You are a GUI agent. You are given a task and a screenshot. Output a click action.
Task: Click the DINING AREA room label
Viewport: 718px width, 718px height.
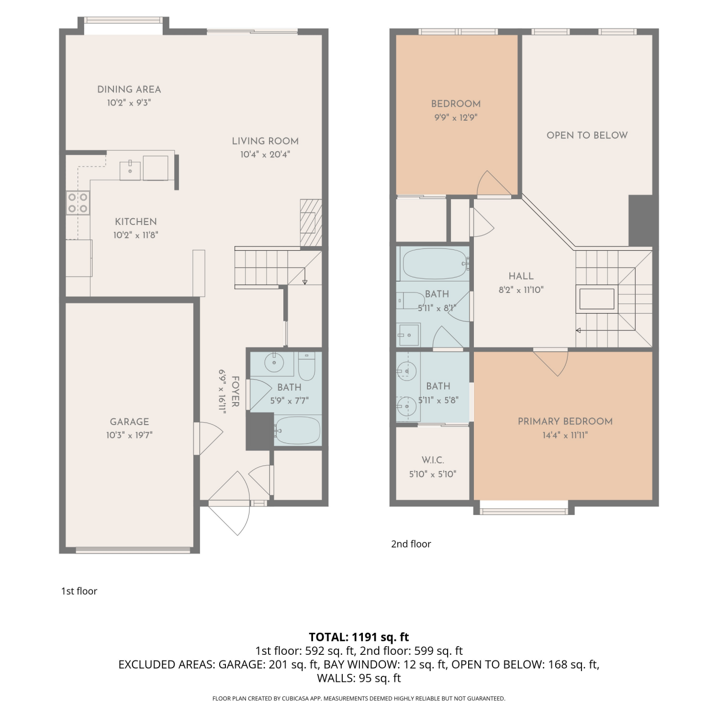tap(129, 90)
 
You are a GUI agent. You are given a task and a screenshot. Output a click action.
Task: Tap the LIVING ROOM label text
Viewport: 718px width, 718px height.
tap(265, 141)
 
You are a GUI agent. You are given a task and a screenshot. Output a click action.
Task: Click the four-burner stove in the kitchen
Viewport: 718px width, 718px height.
tap(78, 202)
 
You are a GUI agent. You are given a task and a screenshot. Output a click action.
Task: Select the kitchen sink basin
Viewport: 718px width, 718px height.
tap(130, 170)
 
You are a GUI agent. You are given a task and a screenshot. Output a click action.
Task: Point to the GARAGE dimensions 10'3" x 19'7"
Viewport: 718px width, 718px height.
tap(129, 435)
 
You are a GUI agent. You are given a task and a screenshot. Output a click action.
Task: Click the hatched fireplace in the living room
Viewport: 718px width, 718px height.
tap(311, 223)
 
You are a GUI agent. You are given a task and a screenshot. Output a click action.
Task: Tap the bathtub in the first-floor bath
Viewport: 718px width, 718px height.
tap(297, 430)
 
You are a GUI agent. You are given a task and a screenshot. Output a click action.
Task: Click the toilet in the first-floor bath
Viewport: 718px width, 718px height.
tap(306, 366)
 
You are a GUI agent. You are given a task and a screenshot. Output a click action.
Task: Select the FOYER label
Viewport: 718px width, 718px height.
tap(235, 392)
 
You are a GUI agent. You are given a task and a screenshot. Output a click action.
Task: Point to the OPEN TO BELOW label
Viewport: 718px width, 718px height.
tap(587, 135)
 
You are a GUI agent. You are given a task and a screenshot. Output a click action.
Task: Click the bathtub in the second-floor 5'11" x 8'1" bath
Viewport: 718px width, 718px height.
tap(434, 264)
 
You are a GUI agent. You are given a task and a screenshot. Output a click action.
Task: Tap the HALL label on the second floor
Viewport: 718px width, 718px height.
tap(521, 276)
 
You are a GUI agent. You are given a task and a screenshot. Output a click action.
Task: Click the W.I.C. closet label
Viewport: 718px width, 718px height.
tap(433, 460)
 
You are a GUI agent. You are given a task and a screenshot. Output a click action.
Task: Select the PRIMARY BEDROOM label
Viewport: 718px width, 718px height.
tap(565, 421)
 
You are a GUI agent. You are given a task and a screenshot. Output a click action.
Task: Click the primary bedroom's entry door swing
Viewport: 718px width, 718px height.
tap(551, 363)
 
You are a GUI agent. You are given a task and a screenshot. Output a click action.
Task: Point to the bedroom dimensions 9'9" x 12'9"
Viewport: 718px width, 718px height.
tap(456, 117)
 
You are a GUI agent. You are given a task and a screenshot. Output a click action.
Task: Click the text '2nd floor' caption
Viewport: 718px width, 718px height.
tap(411, 544)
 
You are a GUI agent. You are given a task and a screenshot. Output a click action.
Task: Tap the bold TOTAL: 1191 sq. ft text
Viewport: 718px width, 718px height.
tap(359, 637)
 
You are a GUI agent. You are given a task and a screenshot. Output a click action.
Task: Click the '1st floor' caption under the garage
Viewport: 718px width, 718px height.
tap(79, 591)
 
